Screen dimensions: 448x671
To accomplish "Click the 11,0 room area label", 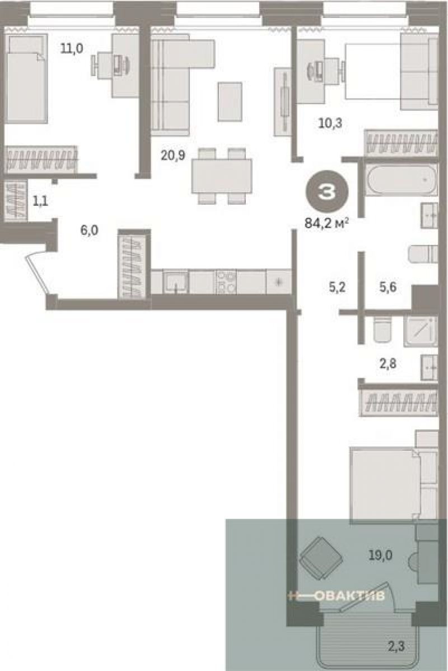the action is tap(71, 48).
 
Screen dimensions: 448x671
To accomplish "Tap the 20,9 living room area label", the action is tap(172, 155).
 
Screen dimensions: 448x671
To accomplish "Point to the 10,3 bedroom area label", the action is tap(330, 123).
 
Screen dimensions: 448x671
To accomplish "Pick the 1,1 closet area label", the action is tap(41, 201).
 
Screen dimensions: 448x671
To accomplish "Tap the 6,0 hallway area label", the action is tap(89, 230).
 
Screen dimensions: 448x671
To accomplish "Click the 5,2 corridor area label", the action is tap(337, 287).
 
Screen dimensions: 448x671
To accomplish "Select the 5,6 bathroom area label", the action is tap(388, 287).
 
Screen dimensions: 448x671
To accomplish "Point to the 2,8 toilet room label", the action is tap(388, 364).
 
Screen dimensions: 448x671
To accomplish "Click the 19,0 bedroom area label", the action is tap(380, 555).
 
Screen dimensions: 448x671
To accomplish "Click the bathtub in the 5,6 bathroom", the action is tap(402, 180).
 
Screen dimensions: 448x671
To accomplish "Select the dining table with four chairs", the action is tap(222, 176).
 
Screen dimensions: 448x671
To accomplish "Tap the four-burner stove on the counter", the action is tap(226, 281).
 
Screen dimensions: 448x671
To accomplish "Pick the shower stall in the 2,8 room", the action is tap(420, 331).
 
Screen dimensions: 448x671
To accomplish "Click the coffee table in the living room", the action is tap(230, 101).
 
